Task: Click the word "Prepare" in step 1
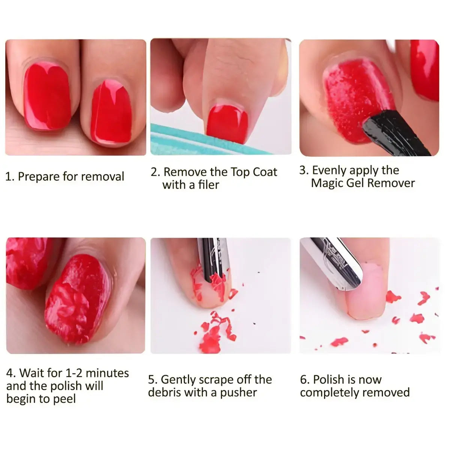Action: tap(39, 177)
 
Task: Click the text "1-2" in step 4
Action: tap(73, 373)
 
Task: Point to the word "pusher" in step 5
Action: tap(238, 393)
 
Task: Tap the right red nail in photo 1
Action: tap(111, 112)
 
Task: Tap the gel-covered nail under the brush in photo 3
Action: tap(352, 97)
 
